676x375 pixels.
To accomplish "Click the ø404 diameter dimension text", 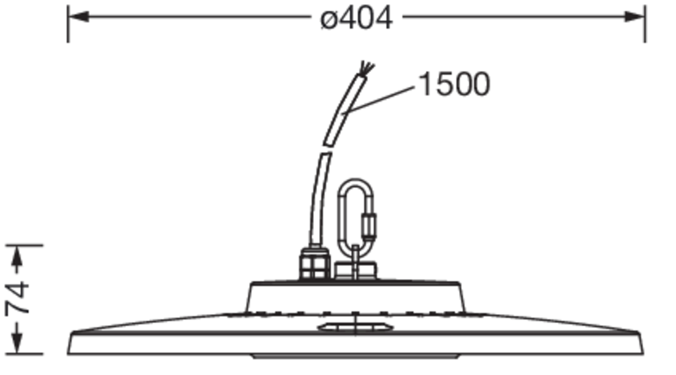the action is [x=356, y=18].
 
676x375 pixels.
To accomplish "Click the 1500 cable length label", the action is [x=454, y=84].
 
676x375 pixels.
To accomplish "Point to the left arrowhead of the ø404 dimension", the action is [x=78, y=16].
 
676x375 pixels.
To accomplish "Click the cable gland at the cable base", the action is [x=315, y=263].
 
